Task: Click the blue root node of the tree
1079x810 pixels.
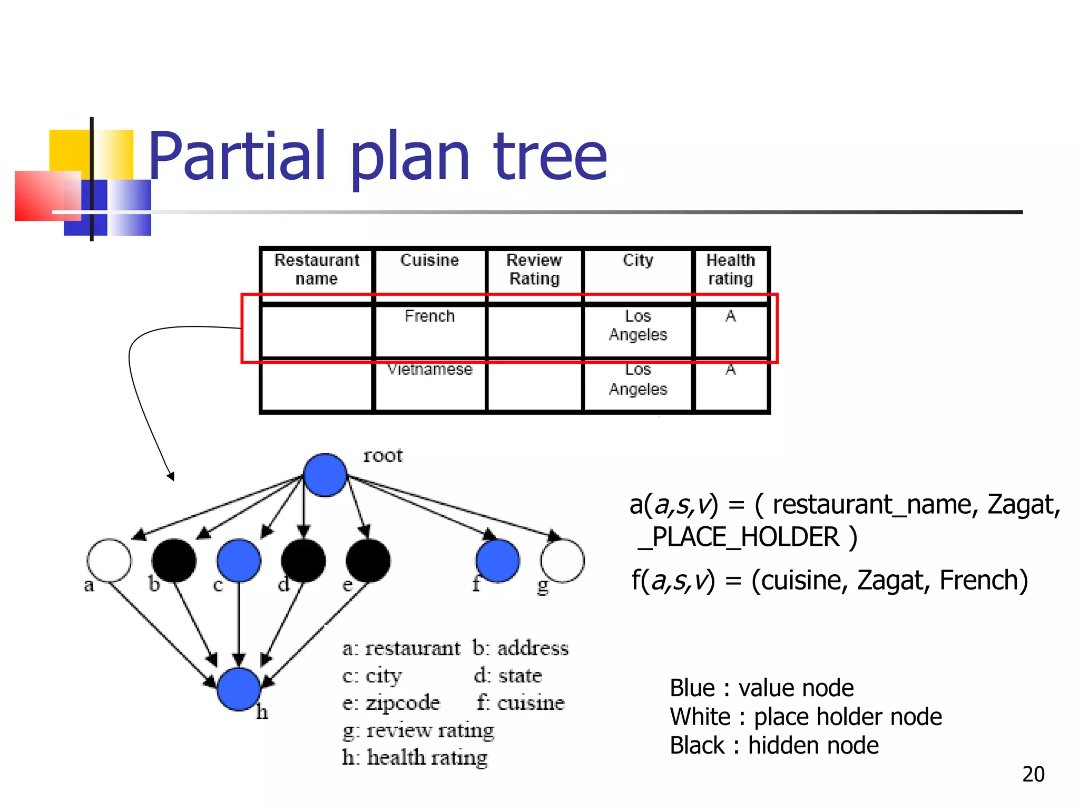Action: point(325,475)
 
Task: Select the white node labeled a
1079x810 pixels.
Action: point(109,560)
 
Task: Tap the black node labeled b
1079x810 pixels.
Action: point(174,560)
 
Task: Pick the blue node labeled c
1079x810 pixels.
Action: point(239,560)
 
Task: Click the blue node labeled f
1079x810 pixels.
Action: point(497,560)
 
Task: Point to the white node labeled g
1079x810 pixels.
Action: point(562,560)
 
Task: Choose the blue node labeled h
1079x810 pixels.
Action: point(239,689)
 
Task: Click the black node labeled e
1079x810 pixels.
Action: point(368,560)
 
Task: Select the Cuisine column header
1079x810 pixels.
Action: point(429,260)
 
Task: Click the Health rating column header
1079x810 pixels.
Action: point(730,269)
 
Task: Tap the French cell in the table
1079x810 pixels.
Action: point(429,316)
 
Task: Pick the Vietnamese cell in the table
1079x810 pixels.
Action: point(429,369)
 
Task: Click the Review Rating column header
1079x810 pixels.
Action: point(534,269)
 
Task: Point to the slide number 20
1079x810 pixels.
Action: point(1033,774)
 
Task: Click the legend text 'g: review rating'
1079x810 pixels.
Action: point(418,730)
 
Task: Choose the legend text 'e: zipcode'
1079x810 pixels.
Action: point(391,703)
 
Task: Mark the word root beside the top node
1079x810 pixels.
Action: point(382,455)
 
